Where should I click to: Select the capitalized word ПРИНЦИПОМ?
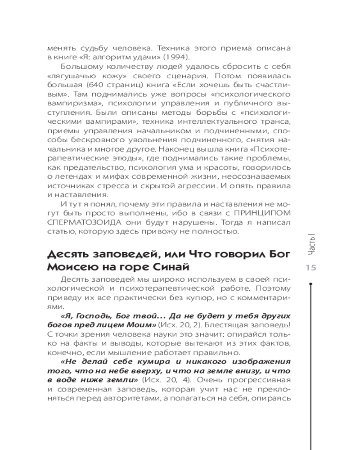[256, 212]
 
